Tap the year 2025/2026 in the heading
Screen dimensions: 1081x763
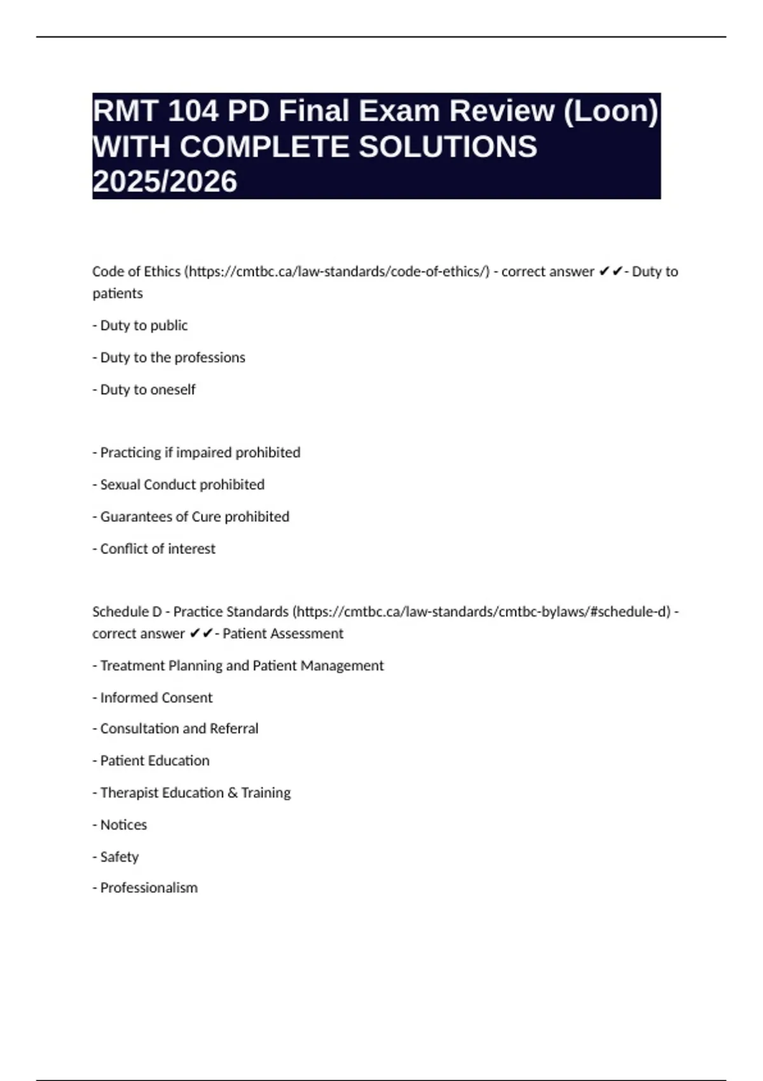(165, 182)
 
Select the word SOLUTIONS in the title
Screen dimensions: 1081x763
(448, 147)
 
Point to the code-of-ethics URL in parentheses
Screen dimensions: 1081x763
(337, 272)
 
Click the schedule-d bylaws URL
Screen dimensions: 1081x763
(484, 612)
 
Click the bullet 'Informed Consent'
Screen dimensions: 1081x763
(153, 698)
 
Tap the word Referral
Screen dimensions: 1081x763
(234, 729)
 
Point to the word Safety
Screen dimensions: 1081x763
(120, 857)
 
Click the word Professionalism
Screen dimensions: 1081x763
(149, 888)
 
